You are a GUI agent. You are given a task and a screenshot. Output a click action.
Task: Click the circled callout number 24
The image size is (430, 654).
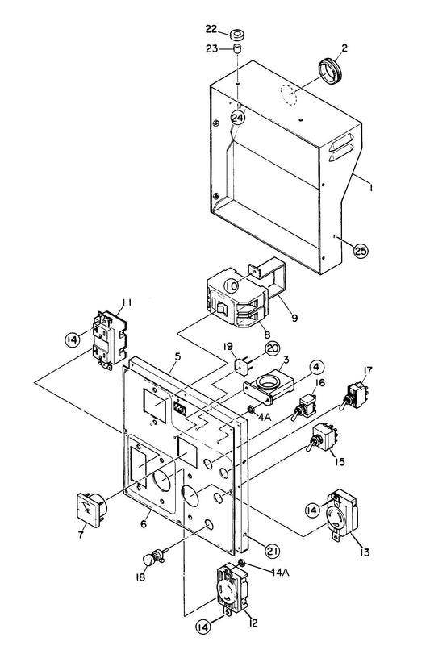pos(238,118)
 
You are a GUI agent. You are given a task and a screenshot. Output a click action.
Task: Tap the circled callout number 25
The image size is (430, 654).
pos(361,250)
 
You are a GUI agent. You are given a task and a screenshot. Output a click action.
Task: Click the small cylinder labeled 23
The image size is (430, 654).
pos(238,48)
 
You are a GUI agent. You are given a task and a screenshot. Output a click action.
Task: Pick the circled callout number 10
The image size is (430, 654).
pos(232,286)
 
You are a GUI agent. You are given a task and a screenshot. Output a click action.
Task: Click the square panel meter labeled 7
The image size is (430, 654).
pos(91,510)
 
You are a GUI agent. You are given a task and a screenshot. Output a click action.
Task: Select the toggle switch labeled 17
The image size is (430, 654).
pos(354,395)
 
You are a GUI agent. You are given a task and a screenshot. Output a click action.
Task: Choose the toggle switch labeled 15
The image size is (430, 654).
pos(321,438)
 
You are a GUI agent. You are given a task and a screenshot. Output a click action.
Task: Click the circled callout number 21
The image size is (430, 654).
pos(272,551)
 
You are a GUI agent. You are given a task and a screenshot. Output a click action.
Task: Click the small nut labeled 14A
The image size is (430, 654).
pos(241,564)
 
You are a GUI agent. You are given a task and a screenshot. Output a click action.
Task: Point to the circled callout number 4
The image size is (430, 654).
pos(316,368)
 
